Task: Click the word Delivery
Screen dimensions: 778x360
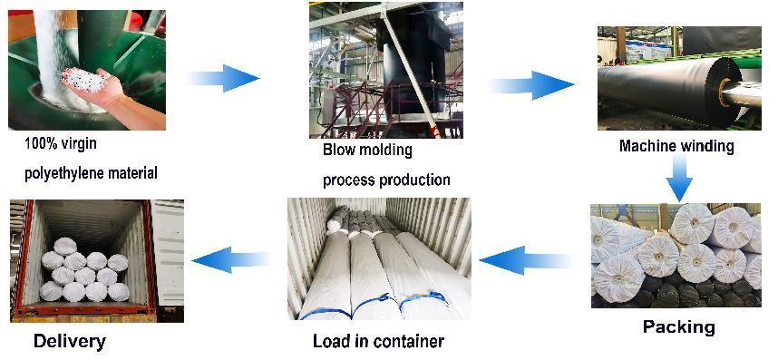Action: tap(70, 342)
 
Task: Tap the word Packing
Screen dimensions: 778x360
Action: tap(679, 326)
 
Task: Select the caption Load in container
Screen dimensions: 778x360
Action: tap(378, 341)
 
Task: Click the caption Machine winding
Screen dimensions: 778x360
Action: tap(676, 146)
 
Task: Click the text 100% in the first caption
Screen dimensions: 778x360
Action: tap(39, 144)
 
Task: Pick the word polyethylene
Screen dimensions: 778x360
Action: tap(55, 173)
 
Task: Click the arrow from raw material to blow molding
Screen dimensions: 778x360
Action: tap(223, 78)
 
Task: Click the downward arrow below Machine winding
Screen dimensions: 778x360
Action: tap(679, 178)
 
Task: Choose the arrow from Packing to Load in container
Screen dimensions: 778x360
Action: tap(526, 260)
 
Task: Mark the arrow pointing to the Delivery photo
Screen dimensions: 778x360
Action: tap(230, 258)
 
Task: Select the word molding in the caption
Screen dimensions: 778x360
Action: tap(388, 151)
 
